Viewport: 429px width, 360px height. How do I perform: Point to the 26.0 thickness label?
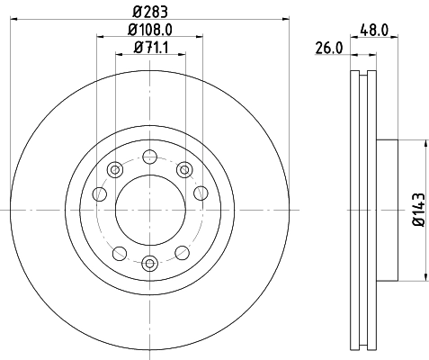click(x=329, y=48)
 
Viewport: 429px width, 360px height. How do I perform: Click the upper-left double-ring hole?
click(x=114, y=169)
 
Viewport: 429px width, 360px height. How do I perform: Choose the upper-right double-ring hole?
click(x=183, y=169)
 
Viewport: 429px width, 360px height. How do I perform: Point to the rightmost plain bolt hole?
click(x=200, y=192)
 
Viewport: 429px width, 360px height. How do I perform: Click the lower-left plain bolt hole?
click(x=117, y=251)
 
